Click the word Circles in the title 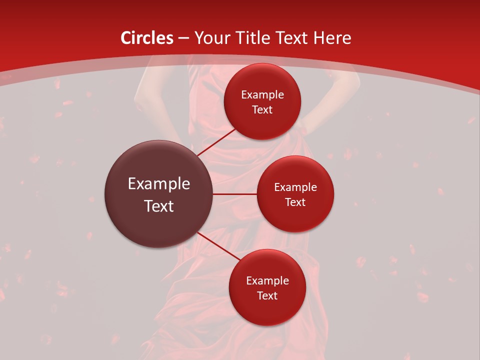[x=147, y=38]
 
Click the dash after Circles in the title [x=183, y=38]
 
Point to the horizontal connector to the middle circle [x=234, y=194]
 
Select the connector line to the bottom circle [x=218, y=245]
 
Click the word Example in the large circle [x=159, y=184]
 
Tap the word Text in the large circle [x=159, y=206]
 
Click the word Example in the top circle [x=262, y=95]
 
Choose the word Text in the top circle [x=262, y=110]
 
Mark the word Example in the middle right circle [x=295, y=187]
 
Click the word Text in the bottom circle [x=267, y=295]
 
